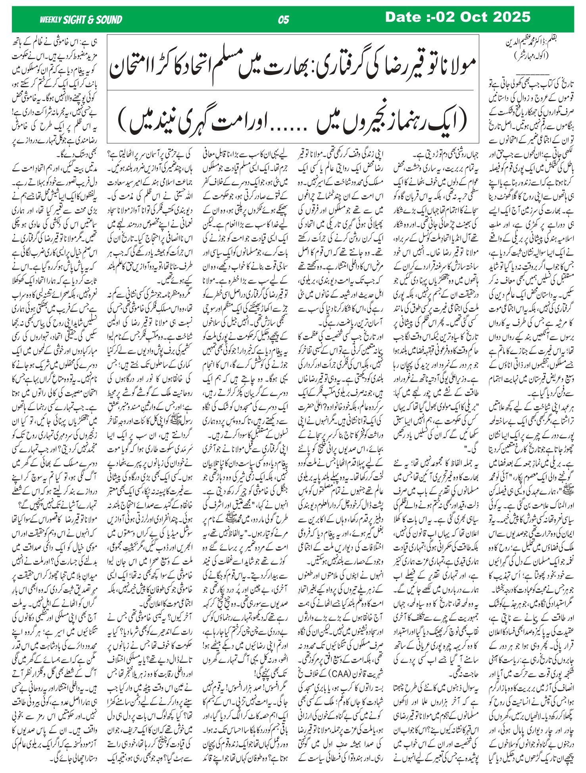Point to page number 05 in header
click(x=283, y=20)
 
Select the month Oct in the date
click(x=475, y=17)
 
